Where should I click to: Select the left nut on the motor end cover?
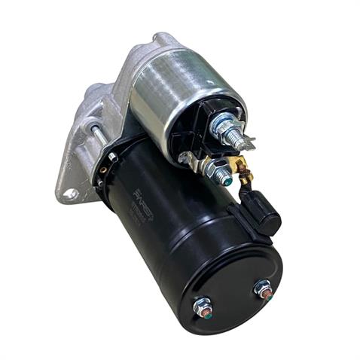pos(202,307)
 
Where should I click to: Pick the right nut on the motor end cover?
pos(263,288)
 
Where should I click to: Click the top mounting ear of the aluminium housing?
pos(162,39)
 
